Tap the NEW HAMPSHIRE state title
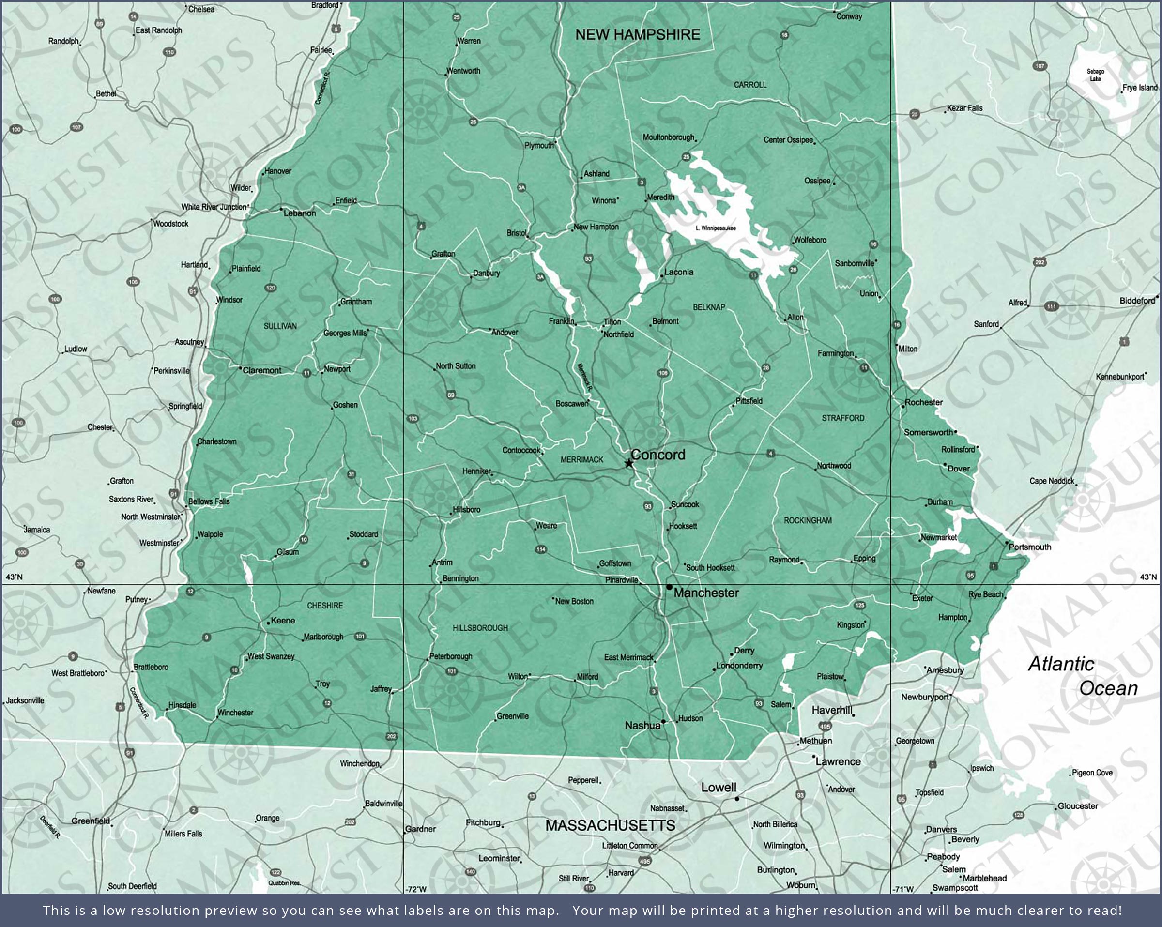click(638, 34)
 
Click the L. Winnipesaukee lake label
click(715, 228)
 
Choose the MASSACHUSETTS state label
click(610, 825)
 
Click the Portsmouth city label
click(1029, 547)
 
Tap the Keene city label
click(282, 620)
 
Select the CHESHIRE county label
click(325, 606)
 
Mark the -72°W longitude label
click(415, 889)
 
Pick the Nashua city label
click(642, 726)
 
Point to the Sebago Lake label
click(1095, 75)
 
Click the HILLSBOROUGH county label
click(480, 628)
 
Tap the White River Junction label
click(214, 207)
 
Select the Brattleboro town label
click(151, 667)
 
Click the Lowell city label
click(719, 788)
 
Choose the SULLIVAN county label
click(280, 326)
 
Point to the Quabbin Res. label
click(284, 883)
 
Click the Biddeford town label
click(1137, 301)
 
